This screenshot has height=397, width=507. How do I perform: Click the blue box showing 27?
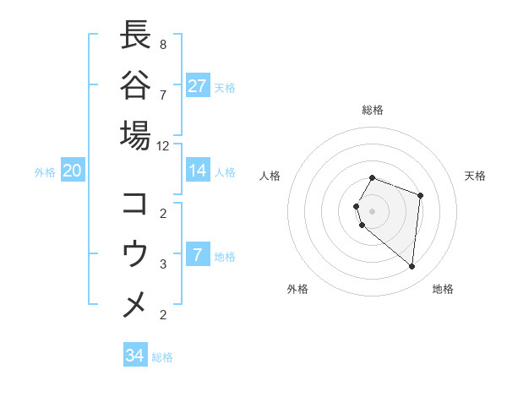pyautogui.click(x=198, y=85)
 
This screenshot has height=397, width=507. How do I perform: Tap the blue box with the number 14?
pyautogui.click(x=198, y=171)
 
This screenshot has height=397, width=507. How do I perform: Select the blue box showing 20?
pyautogui.click(x=73, y=171)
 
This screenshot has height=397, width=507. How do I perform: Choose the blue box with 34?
pyautogui.click(x=135, y=356)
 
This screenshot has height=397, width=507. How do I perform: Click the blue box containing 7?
pyautogui.click(x=198, y=255)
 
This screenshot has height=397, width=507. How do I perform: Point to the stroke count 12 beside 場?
pyautogui.click(x=163, y=145)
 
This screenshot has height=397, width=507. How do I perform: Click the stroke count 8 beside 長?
pyautogui.click(x=162, y=44)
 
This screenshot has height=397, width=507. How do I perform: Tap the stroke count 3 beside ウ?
pyautogui.click(x=162, y=264)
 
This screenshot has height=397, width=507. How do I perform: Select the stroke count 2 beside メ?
pyautogui.click(x=162, y=315)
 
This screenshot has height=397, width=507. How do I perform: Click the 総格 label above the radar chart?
pyautogui.click(x=373, y=110)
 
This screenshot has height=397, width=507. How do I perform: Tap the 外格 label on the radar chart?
pyautogui.click(x=297, y=289)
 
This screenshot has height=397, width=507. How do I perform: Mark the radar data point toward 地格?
pyautogui.click(x=412, y=267)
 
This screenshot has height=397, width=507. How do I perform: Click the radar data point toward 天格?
pyautogui.click(x=420, y=196)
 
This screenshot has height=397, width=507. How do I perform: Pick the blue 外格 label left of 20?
pyautogui.click(x=45, y=171)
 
